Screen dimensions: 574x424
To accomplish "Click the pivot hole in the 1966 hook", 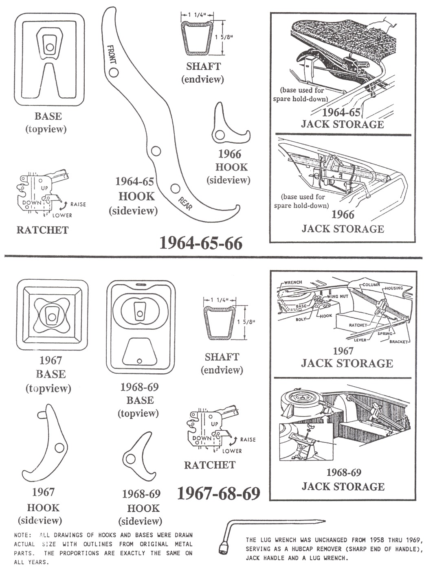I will pyautogui.click(x=220, y=135).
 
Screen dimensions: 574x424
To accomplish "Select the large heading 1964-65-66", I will pyautogui.click(x=201, y=243).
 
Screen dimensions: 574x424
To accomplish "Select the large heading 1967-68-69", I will pyautogui.click(x=219, y=493).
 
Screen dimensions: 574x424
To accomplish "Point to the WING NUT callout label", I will pyautogui.click(x=338, y=296).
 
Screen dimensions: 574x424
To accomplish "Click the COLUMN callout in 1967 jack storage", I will pyautogui.click(x=370, y=285).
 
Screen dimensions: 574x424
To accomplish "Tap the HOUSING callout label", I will pyautogui.click(x=394, y=288).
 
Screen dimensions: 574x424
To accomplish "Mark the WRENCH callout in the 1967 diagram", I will pyautogui.click(x=293, y=282).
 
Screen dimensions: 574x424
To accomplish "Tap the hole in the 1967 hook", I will pyautogui.click(x=59, y=448).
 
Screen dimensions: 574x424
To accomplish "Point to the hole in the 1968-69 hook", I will pyautogui.click(x=130, y=459).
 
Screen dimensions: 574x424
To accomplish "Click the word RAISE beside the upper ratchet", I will pyautogui.click(x=78, y=204).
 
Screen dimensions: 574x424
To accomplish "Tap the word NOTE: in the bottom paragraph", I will pyautogui.click(x=23, y=535).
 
